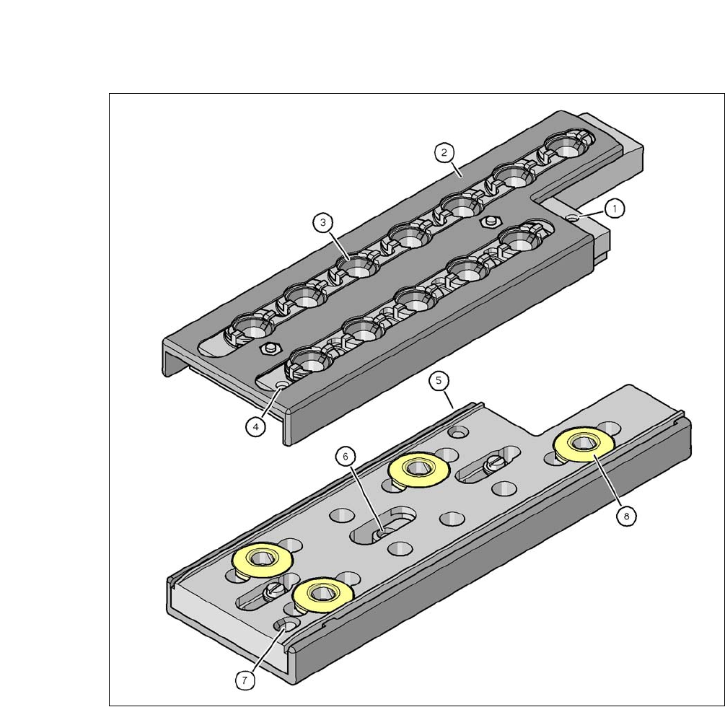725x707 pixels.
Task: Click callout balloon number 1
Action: (x=615, y=208)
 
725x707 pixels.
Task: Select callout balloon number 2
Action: (x=444, y=152)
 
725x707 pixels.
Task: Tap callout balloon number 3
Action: (x=322, y=222)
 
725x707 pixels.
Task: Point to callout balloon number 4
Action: (x=255, y=427)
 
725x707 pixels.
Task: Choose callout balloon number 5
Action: (x=439, y=380)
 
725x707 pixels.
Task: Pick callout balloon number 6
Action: (x=346, y=457)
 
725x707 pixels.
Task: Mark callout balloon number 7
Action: (x=245, y=680)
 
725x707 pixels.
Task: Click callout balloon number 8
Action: (x=626, y=516)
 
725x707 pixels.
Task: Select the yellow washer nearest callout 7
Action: (x=323, y=594)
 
